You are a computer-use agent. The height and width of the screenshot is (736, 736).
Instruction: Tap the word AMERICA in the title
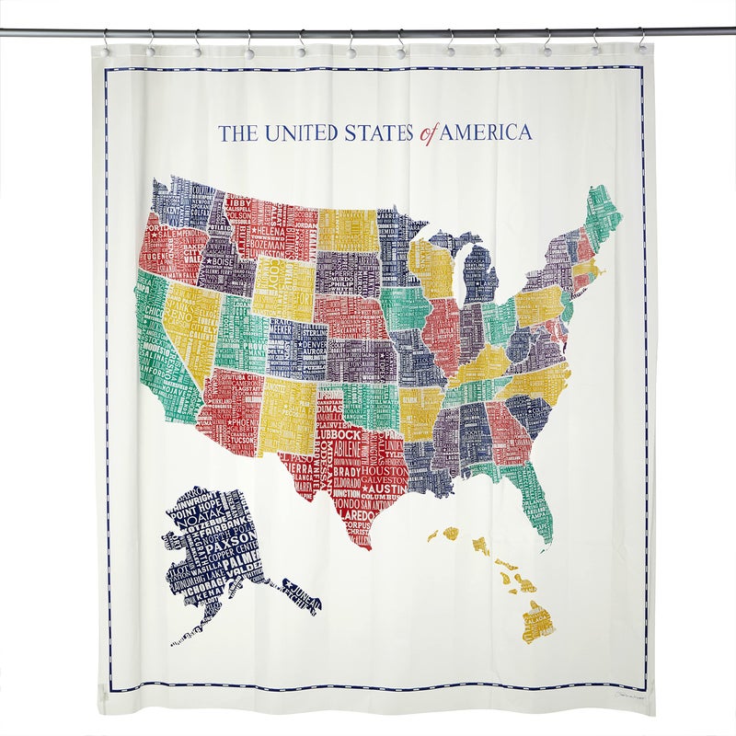(x=486, y=132)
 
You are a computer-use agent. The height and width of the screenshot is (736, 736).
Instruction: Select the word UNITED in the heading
(x=295, y=132)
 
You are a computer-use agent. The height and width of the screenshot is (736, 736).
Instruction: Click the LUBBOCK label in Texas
(x=339, y=434)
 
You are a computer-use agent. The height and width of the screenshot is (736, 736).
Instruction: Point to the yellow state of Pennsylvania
(x=537, y=306)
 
